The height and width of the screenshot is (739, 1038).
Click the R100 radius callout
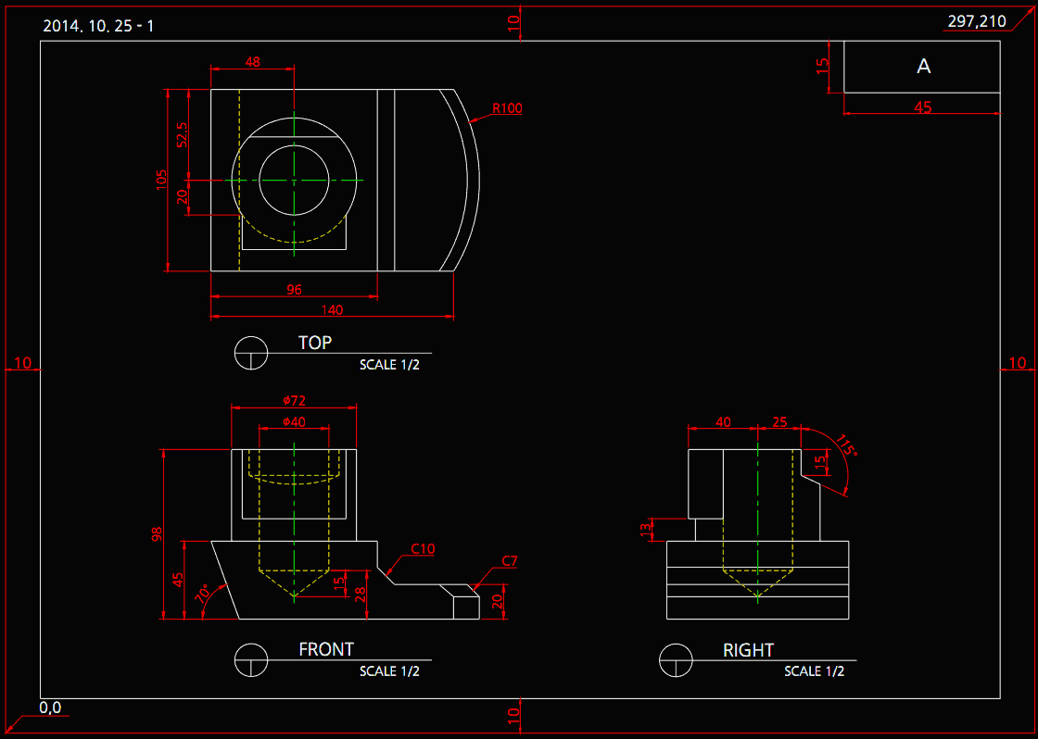click(x=507, y=108)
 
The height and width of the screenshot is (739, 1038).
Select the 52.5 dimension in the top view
click(x=182, y=135)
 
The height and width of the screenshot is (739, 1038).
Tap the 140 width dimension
click(x=332, y=310)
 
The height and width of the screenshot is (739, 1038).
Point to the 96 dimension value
click(x=294, y=290)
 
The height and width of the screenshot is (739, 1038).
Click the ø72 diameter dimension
click(x=294, y=400)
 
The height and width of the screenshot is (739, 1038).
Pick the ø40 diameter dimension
click(x=294, y=421)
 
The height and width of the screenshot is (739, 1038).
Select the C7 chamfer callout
click(x=509, y=561)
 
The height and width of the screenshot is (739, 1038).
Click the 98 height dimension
click(x=156, y=533)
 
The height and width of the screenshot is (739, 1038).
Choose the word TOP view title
click(x=315, y=343)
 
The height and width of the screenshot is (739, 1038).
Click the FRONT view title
click(x=326, y=650)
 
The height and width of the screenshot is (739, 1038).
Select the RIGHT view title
click(x=748, y=650)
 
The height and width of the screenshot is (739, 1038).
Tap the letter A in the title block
click(x=923, y=67)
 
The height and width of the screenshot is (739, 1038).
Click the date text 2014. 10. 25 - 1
click(x=98, y=25)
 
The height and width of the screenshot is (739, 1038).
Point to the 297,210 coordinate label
click(x=977, y=21)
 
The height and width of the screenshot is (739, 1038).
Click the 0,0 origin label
click(x=50, y=708)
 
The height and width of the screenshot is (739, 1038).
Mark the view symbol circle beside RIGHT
click(x=676, y=660)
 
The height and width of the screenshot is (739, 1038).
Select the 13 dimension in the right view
click(x=647, y=529)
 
